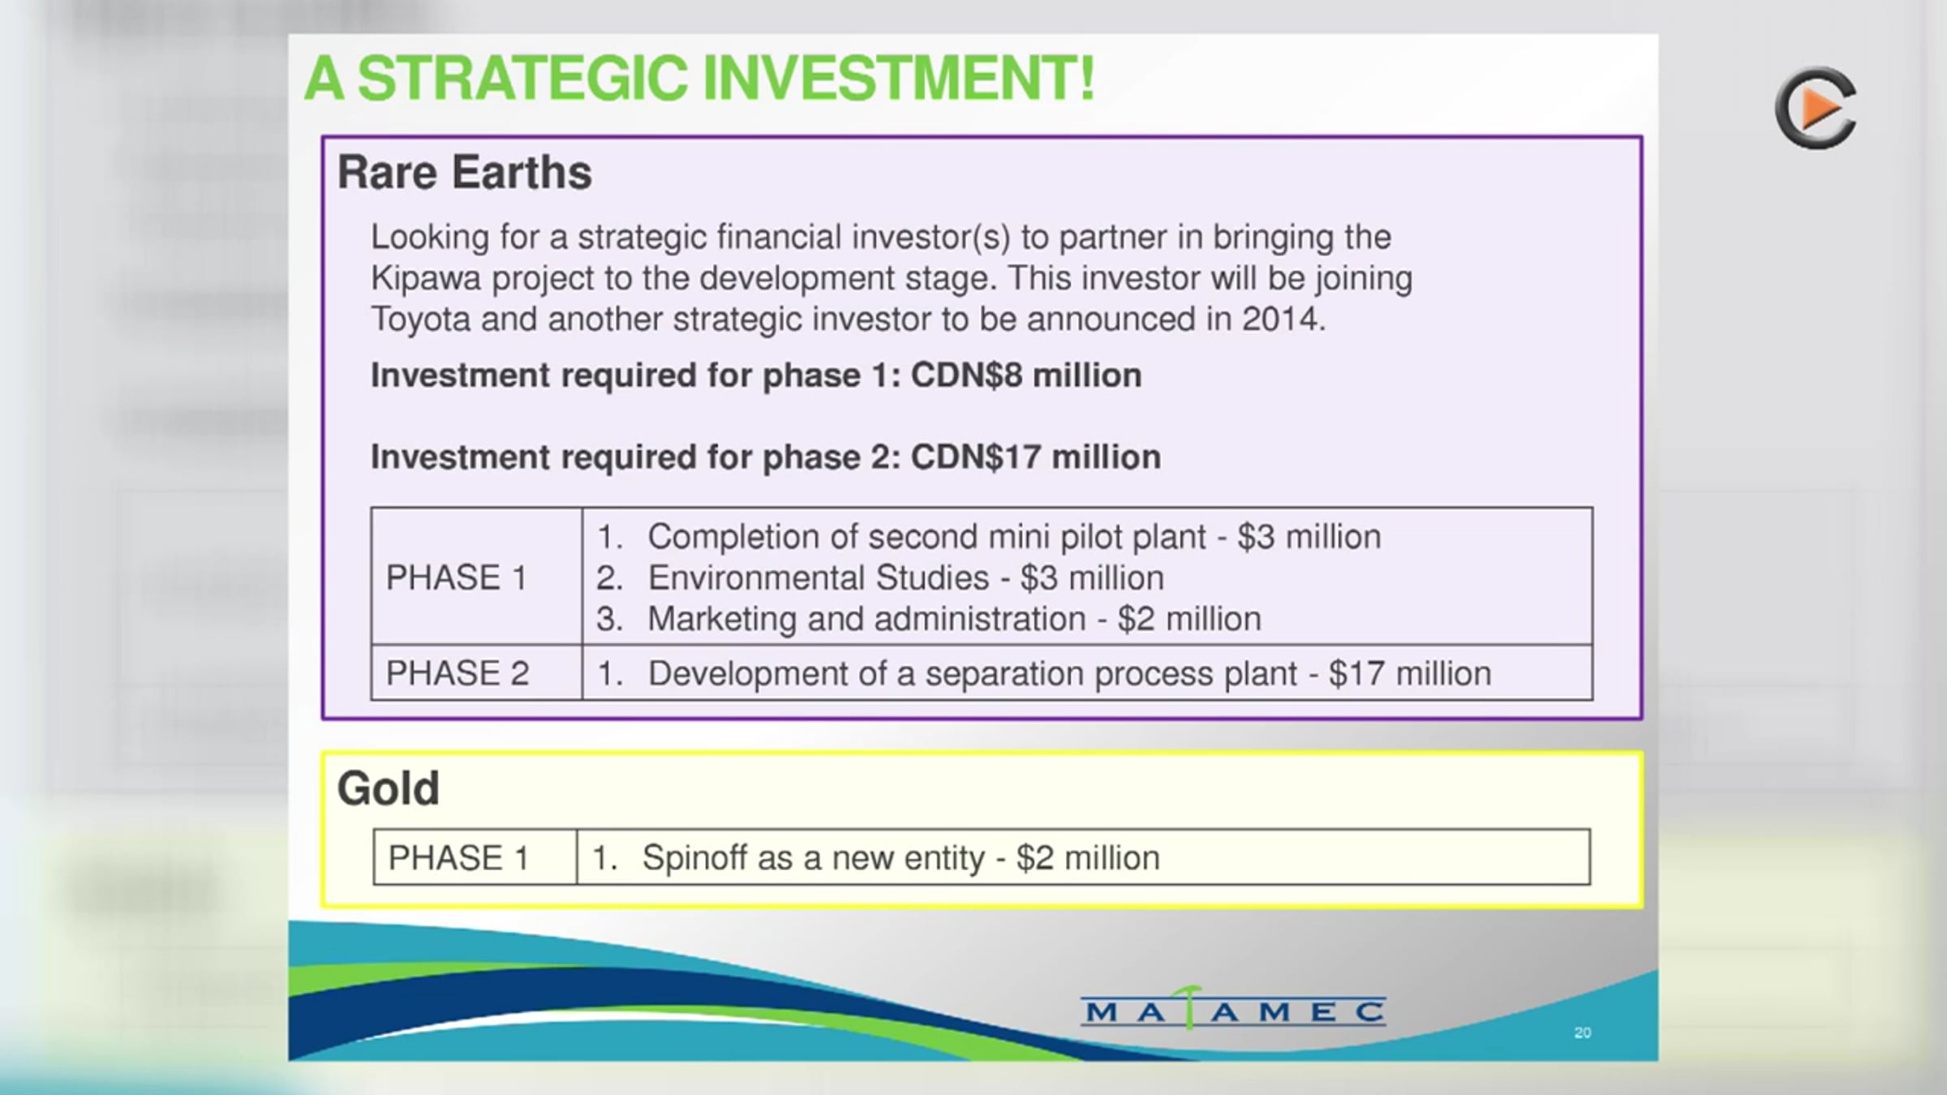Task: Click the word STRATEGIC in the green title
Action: coord(523,79)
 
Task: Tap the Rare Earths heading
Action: coord(465,172)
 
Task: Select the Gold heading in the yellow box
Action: coord(389,788)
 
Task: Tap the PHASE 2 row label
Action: coord(458,673)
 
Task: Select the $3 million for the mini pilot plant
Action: coord(1309,537)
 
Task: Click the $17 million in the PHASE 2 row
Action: coord(1410,673)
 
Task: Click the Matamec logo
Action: coord(1233,1009)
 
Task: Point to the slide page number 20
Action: coord(1582,1033)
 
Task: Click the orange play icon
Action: coord(1816,108)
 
